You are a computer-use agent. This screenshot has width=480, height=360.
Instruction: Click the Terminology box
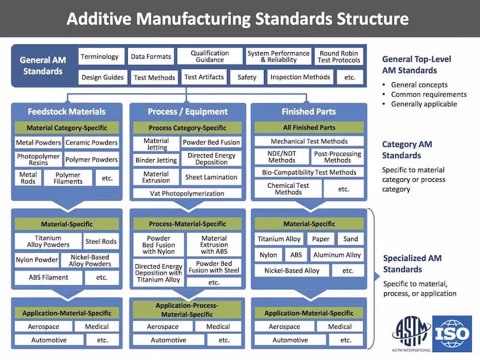coord(101,57)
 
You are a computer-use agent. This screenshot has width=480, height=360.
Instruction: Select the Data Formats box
coord(151,57)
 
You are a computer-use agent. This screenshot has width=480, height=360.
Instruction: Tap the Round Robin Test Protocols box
coord(340,57)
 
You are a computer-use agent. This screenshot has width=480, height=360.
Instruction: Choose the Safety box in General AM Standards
coord(247,77)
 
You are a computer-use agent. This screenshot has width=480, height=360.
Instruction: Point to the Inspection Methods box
coord(300,77)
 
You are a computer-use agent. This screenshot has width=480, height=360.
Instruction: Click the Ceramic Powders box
coord(91,143)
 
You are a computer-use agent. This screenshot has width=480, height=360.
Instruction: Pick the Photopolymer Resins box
coord(38,160)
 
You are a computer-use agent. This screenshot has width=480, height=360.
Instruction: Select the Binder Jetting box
coord(155,160)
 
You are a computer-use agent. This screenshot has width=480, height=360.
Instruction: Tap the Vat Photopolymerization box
coord(187,193)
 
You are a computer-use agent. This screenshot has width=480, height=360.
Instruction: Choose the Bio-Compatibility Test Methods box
coord(309,172)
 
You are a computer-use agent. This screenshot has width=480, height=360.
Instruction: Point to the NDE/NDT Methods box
coord(281,157)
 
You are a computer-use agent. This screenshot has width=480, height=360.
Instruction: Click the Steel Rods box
coord(101,241)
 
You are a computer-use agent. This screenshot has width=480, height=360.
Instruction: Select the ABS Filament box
coord(49,277)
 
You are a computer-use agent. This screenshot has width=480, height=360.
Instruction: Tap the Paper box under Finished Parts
coord(320,239)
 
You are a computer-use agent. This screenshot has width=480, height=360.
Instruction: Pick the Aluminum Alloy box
coord(337,255)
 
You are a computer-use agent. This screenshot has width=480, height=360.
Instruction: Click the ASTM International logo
coord(411,334)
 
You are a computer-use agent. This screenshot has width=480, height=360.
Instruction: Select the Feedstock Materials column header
coord(67,112)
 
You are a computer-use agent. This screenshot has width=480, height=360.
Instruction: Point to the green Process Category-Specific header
coord(187,128)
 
